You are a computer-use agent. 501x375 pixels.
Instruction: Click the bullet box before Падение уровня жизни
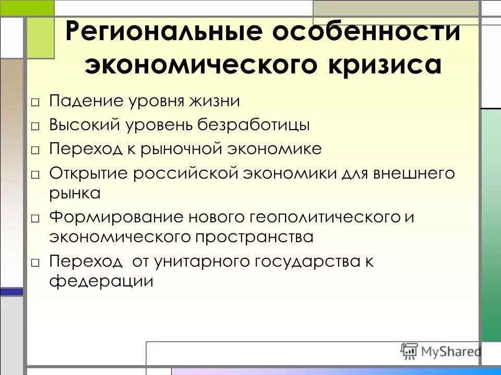35,102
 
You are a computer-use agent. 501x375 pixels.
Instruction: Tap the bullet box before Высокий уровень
35,126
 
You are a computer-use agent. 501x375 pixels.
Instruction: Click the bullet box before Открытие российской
35,174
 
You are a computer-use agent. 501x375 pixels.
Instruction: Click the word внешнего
413,173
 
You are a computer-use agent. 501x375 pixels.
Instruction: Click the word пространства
254,238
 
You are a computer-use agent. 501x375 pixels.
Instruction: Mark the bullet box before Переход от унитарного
35,262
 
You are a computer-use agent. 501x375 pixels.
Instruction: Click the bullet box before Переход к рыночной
35,150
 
